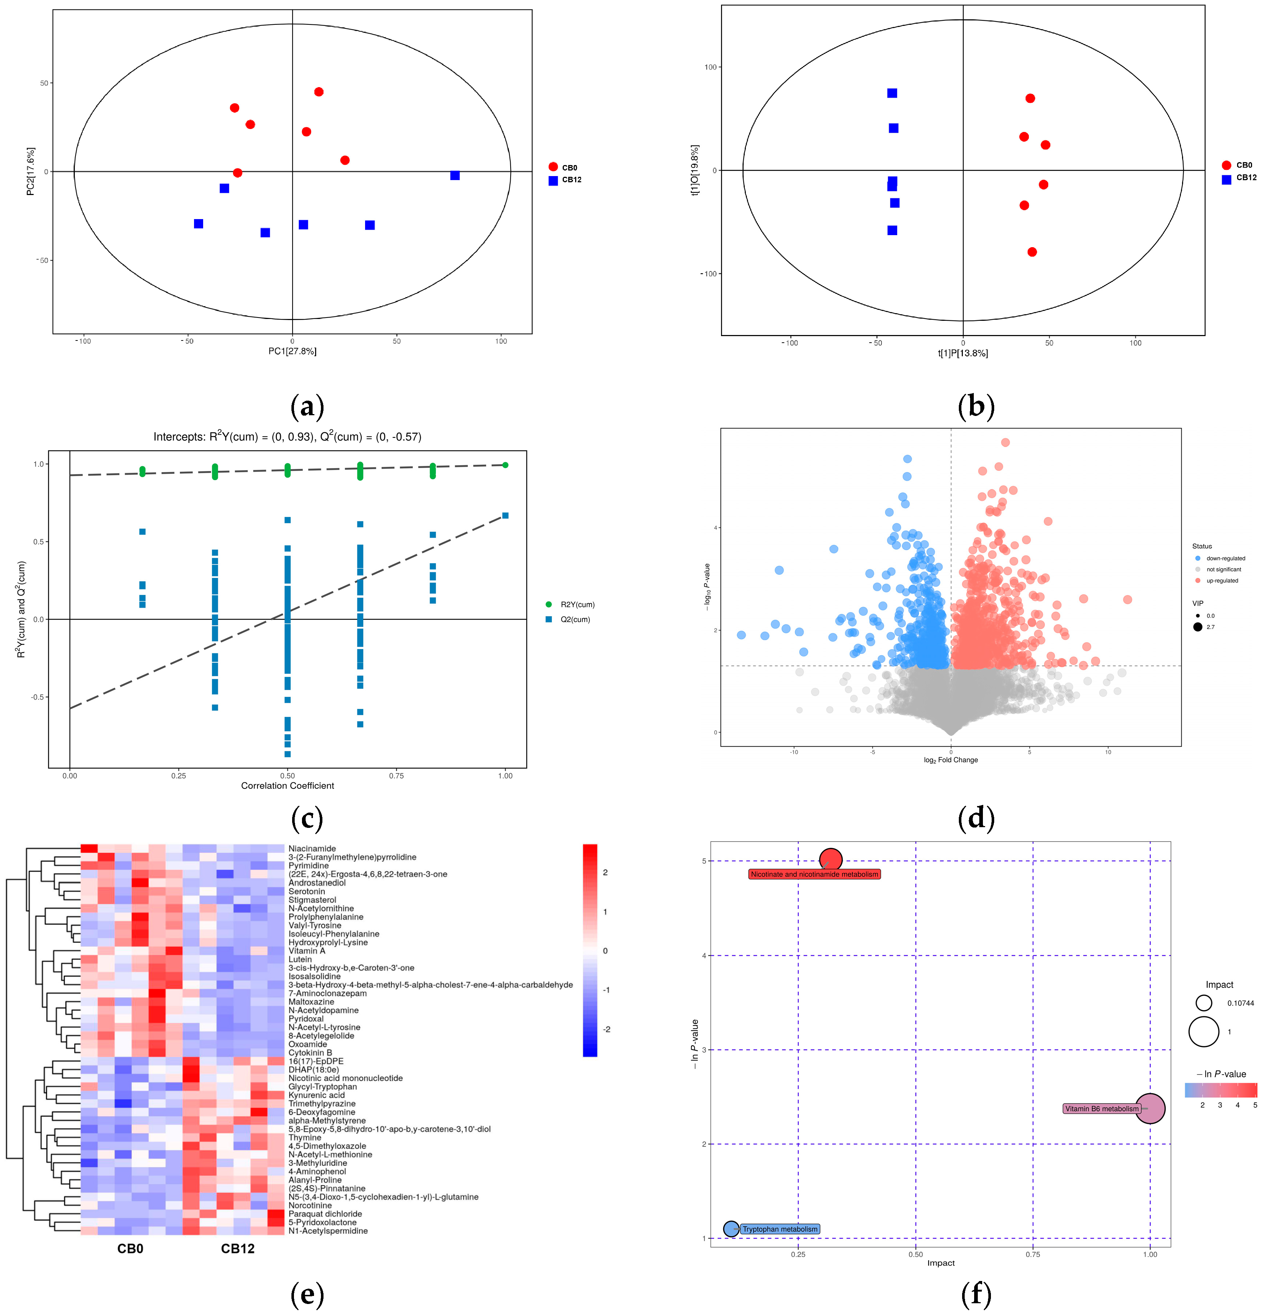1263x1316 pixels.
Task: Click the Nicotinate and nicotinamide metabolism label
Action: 814,874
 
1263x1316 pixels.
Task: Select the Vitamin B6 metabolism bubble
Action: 1150,1109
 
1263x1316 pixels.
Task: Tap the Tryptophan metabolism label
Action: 780,1229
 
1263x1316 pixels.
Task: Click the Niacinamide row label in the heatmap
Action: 312,849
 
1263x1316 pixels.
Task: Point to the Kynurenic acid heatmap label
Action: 317,1095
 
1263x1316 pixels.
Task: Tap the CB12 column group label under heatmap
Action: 238,1249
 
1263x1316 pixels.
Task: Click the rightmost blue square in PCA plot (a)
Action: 455,175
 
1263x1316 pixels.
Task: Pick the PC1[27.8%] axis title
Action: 292,351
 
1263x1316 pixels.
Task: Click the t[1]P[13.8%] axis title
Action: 963,353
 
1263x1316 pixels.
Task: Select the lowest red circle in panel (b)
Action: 1032,252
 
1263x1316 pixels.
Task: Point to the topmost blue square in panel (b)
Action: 892,93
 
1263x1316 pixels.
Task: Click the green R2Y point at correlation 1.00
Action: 505,465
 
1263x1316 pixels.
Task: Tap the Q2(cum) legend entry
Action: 574,619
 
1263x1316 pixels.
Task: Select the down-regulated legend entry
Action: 1225,558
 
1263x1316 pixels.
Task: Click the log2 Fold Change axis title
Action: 950,760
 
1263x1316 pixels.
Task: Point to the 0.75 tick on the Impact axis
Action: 1033,1254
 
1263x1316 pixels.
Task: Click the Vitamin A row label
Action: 306,951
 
